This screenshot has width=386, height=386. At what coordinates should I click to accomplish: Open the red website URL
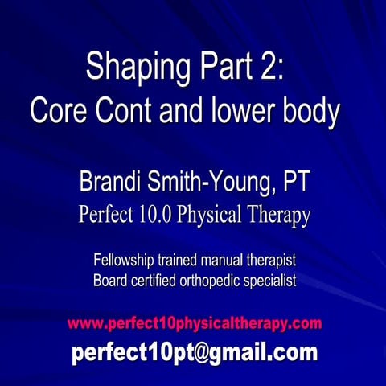coord(194,323)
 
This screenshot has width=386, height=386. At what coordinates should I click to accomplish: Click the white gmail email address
coord(194,351)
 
